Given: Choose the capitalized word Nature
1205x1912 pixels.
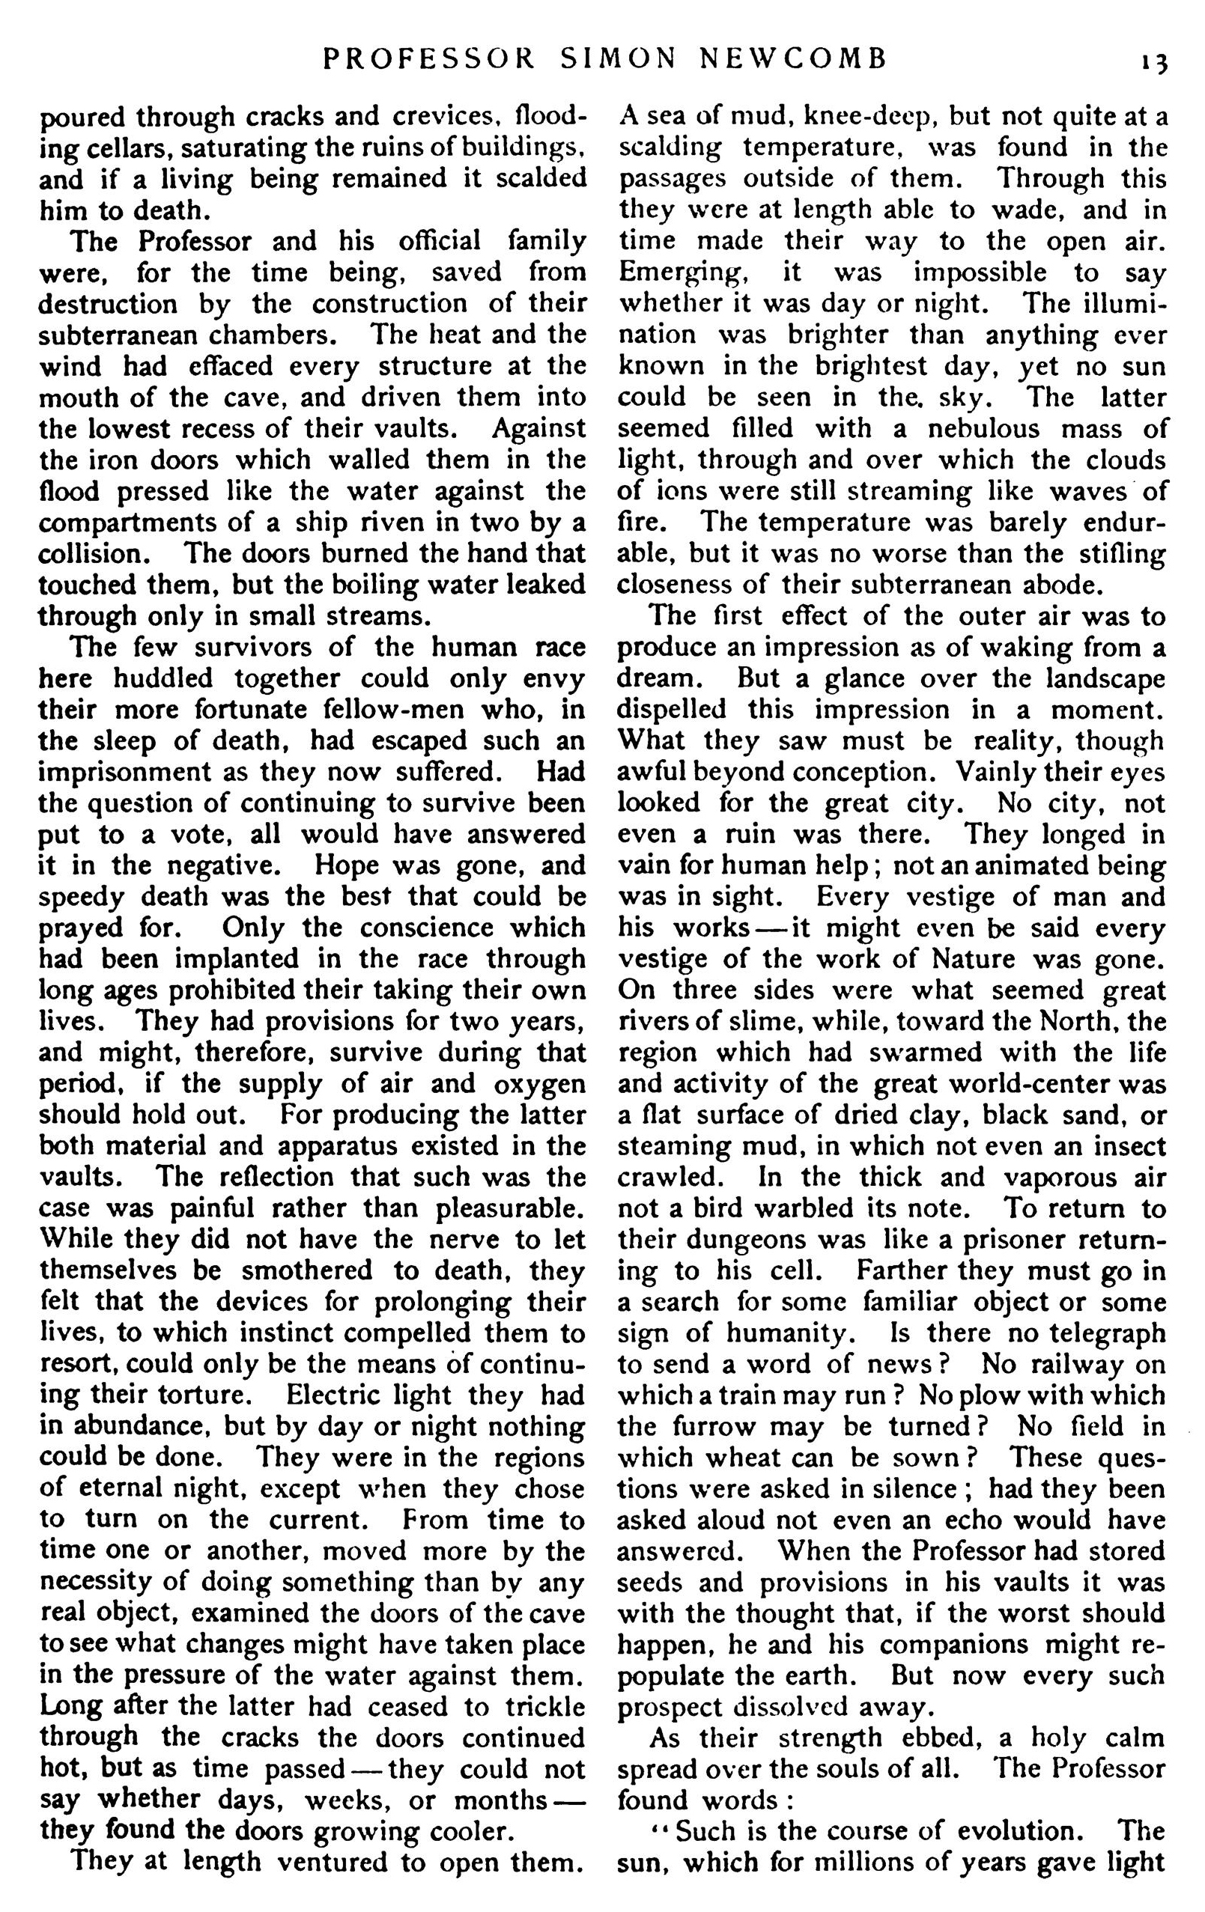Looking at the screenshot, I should [974, 958].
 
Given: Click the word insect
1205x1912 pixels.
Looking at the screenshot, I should [1127, 1145].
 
